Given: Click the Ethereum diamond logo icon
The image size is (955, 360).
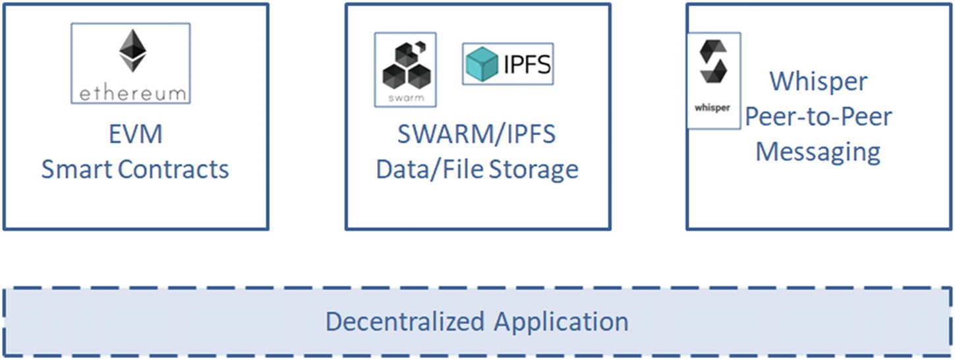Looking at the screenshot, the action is click(x=132, y=51).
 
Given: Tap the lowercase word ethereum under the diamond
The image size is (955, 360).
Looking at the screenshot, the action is click(x=132, y=94).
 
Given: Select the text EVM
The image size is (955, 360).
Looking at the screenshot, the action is click(x=134, y=135).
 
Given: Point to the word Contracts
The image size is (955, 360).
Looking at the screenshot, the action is click(x=174, y=169).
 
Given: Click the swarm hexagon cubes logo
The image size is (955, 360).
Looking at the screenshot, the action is click(x=405, y=65).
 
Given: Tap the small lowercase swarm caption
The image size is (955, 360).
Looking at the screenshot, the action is click(x=405, y=98).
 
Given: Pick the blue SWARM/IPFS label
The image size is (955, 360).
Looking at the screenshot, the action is click(x=477, y=135).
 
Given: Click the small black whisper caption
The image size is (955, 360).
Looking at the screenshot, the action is click(x=712, y=107).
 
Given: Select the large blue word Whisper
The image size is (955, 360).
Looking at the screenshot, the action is click(x=819, y=82).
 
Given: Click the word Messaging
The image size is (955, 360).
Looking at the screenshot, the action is click(x=819, y=152).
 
